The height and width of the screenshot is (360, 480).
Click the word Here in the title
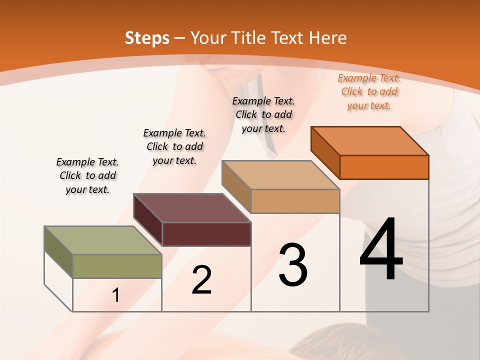click(327, 38)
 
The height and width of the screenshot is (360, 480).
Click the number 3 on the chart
click(293, 265)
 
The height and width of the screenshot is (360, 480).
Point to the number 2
click(201, 280)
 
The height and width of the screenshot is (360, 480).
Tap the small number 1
click(116, 295)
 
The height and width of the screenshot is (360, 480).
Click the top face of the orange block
click(370, 140)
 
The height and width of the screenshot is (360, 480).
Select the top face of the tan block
click(281, 175)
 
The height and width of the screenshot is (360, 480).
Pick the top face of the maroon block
click(192, 208)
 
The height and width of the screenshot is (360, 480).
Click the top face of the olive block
click(103, 240)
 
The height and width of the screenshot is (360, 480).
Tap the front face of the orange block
click(384, 167)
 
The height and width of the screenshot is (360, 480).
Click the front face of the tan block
click(295, 201)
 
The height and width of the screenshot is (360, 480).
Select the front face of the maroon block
click(206, 234)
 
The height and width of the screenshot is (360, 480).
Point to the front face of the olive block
click(117, 266)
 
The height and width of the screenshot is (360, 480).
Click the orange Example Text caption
click(369, 91)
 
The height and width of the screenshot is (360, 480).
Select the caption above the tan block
click(263, 114)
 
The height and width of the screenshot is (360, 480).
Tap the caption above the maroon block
click(174, 146)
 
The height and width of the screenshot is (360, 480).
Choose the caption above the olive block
click(87, 175)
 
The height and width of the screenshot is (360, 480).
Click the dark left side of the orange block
click(325, 152)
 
